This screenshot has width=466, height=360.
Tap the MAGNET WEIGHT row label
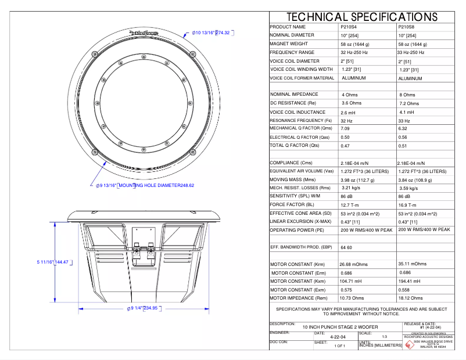tap(289, 44)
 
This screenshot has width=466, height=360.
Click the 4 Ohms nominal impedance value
tap(350, 95)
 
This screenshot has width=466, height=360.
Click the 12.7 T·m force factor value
tap(350, 205)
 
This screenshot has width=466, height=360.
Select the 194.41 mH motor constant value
tap(409, 281)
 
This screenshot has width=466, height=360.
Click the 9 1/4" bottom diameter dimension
tap(142, 308)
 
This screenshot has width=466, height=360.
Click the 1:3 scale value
tap(384, 336)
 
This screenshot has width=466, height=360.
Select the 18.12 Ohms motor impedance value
tap(409, 297)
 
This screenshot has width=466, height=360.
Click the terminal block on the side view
tap(143, 251)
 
